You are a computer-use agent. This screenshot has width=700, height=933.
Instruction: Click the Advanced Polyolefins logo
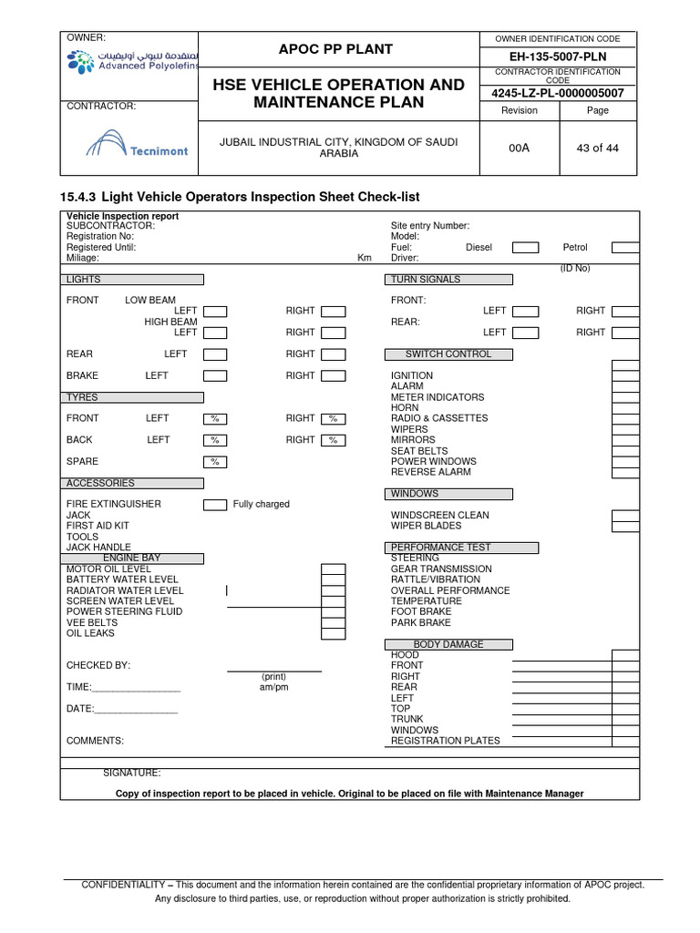click(129, 63)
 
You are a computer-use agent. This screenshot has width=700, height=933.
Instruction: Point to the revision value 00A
click(519, 148)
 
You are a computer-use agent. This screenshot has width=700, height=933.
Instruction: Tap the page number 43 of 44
click(598, 148)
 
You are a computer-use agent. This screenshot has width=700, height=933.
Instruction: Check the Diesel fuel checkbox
click(525, 247)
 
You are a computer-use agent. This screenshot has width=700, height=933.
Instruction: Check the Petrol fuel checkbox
click(624, 247)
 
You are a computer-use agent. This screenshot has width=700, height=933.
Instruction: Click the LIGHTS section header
click(133, 280)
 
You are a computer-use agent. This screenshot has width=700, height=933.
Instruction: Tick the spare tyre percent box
click(215, 462)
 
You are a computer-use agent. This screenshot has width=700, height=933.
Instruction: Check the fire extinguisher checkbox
click(215, 505)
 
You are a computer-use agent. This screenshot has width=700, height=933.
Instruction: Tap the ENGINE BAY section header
click(133, 559)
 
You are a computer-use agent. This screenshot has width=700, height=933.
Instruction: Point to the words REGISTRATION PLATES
click(446, 741)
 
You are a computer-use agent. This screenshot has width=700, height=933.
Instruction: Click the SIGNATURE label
click(131, 773)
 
